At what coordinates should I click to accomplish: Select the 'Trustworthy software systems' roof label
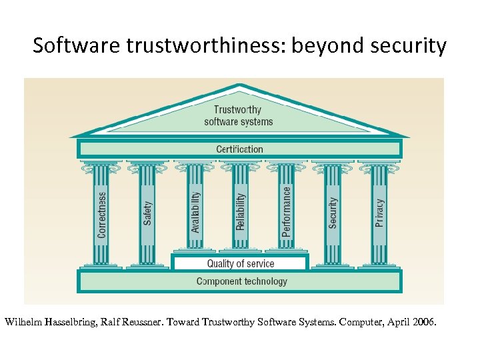click(239, 115)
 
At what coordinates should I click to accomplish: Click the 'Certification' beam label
click(239, 149)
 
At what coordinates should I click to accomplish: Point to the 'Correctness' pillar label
click(102, 215)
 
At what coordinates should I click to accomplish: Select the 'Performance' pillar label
click(287, 211)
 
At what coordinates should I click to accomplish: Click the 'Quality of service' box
click(240, 264)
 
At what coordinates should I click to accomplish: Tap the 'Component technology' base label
click(241, 281)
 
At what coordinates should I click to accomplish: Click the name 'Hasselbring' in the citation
click(71, 322)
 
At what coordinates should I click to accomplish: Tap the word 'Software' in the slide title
click(64, 45)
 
